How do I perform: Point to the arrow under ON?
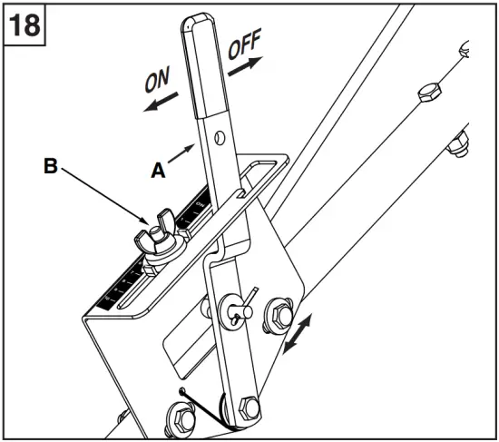[x=160, y=103]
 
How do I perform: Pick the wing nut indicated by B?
[x=152, y=241]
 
